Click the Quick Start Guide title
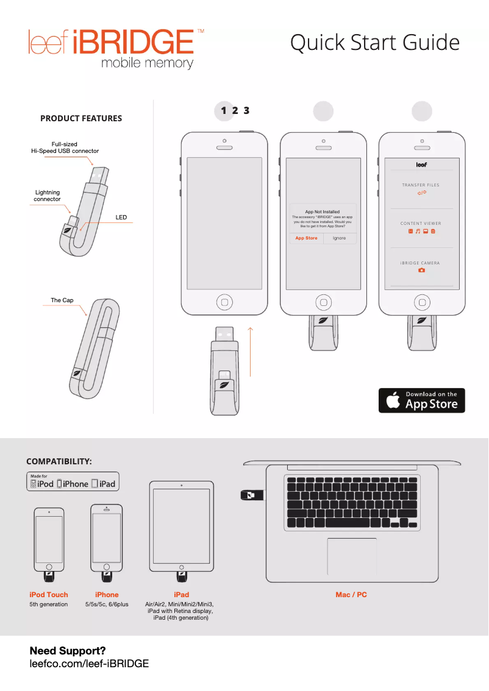[x=374, y=43]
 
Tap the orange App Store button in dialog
[x=306, y=238]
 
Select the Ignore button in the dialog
[x=340, y=238]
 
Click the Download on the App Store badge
[x=421, y=400]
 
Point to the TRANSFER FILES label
[x=421, y=185]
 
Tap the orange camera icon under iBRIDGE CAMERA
[x=421, y=270]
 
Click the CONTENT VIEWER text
[x=421, y=224]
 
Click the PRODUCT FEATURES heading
[x=81, y=118]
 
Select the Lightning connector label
[x=47, y=196]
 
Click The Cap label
[x=62, y=300]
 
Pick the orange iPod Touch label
[x=49, y=595]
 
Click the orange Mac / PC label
[x=351, y=595]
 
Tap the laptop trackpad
[x=352, y=556]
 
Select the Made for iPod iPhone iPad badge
[x=73, y=481]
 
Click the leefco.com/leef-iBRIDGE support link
[x=90, y=664]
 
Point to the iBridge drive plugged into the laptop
[x=252, y=495]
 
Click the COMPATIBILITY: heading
[x=59, y=461]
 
